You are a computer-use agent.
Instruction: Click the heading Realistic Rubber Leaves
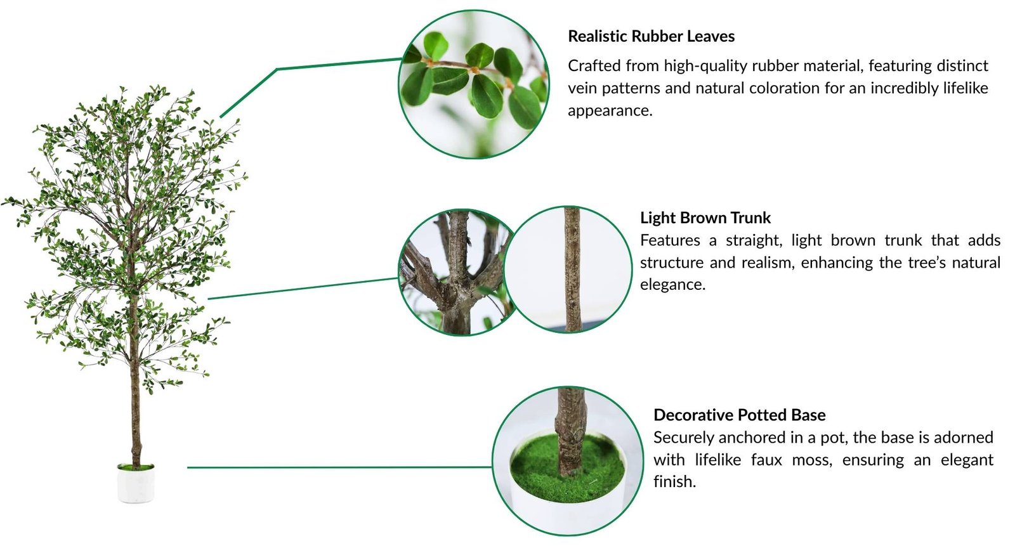651,36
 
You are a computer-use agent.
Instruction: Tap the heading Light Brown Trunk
705,218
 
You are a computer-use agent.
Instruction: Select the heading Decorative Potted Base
740,415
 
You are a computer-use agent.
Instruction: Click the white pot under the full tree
136,483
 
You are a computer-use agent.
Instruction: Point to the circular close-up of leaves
473,85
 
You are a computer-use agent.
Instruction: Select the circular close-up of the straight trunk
568,270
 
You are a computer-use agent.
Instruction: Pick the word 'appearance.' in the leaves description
610,111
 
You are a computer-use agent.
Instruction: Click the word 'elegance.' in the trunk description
673,285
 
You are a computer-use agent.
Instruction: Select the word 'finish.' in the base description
675,482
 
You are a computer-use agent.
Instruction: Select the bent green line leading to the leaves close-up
277,69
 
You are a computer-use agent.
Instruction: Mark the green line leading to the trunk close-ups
303,289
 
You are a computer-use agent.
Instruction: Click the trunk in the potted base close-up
571,431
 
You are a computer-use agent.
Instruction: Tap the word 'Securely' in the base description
684,438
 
